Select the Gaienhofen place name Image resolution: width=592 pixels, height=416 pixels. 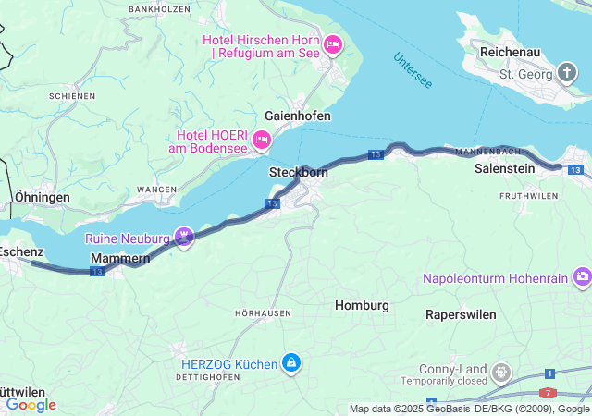297,116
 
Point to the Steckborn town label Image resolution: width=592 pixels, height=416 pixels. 299,172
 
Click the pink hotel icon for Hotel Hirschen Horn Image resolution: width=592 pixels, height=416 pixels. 333,43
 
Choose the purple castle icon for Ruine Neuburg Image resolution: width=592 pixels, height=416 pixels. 185,239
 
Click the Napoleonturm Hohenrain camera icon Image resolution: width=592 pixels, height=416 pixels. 582,277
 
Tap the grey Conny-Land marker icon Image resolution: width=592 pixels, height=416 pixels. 501,372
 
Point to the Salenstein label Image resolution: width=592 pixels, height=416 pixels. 505,169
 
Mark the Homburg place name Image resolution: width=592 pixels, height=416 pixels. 361,305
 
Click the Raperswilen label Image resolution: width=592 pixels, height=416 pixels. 461,314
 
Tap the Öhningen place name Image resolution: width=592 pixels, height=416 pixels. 42,198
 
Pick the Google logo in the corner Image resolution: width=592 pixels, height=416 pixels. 31,405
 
